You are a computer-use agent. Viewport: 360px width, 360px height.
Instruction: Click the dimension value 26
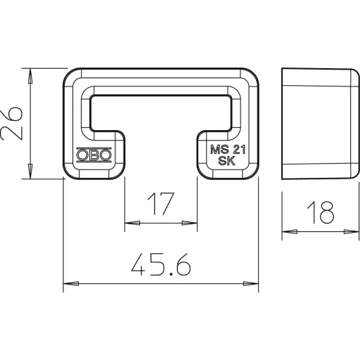[x=12, y=123]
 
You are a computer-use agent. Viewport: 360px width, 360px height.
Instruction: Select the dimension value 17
[x=161, y=204]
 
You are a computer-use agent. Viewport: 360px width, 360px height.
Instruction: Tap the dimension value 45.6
[x=161, y=264]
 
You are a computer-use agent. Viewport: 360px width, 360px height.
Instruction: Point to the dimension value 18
[x=320, y=212]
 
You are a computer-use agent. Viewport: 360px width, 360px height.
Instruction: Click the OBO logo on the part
[x=94, y=155]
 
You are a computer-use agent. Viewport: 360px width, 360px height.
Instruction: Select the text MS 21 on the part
[x=228, y=150]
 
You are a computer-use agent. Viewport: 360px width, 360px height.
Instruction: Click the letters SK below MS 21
[x=226, y=161]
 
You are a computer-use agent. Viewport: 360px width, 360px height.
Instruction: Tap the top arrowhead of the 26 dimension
[x=30, y=76]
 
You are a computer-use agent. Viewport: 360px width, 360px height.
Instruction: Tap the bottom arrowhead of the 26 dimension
[x=30, y=171]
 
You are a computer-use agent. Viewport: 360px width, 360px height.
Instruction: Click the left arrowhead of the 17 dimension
[x=132, y=223]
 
